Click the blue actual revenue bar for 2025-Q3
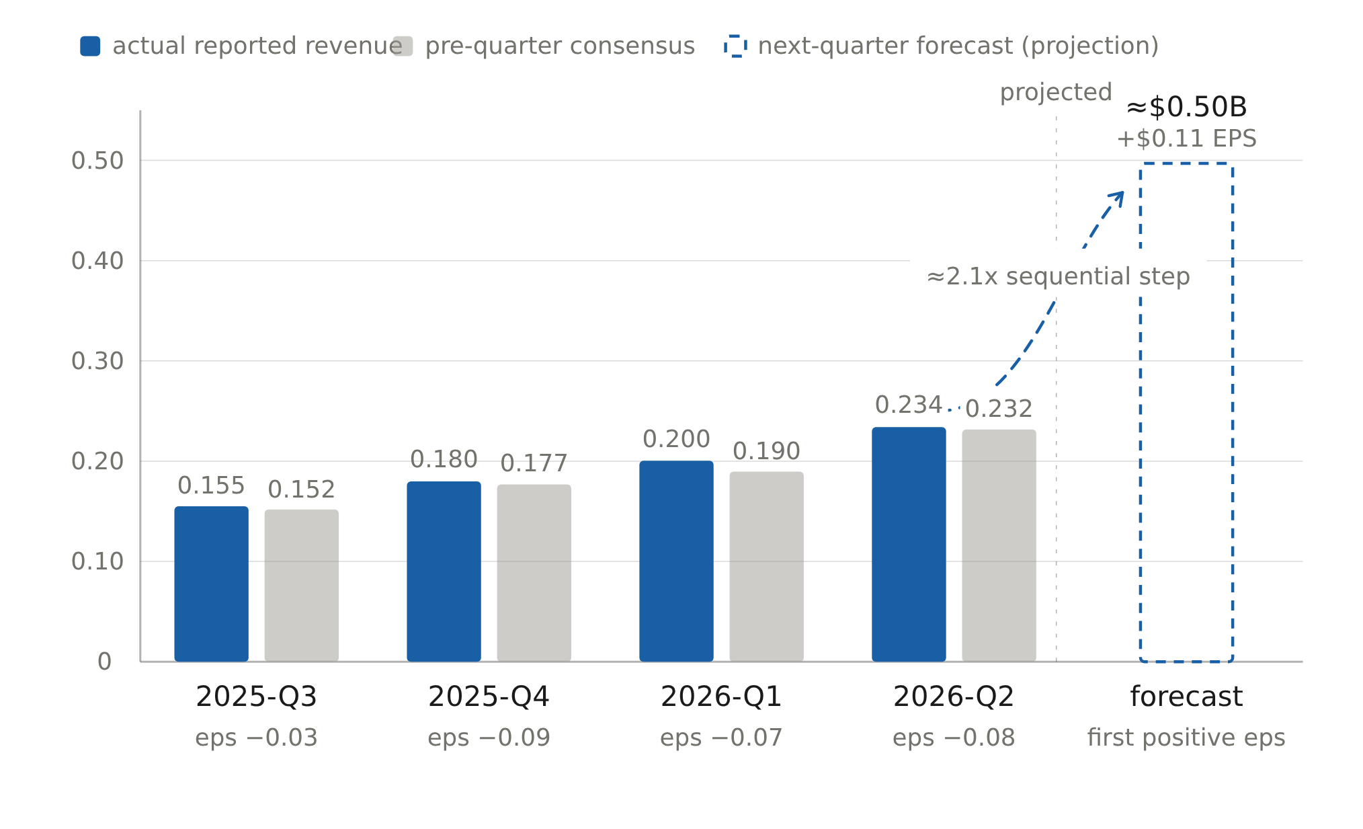click(211, 584)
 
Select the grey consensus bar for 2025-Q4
click(534, 573)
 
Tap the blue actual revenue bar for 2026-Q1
click(676, 561)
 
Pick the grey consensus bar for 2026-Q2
click(999, 545)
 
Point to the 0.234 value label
click(908, 405)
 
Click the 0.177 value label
click(534, 463)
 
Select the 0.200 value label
click(676, 439)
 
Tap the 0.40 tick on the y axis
click(97, 261)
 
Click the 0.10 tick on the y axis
click(97, 561)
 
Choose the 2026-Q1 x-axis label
click(721, 697)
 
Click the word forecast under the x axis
click(1186, 697)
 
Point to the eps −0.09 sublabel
click(489, 738)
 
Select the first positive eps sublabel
click(1186, 738)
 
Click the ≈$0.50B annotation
click(1186, 107)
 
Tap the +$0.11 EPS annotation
click(1186, 139)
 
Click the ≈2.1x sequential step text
click(1058, 276)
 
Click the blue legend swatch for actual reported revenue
click(90, 46)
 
